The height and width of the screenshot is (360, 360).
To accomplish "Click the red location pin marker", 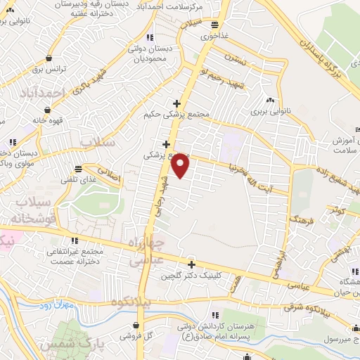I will point(181,165).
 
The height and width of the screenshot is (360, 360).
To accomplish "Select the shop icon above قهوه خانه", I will point(46,110).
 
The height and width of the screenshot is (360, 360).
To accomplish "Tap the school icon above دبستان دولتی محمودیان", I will point(148,37).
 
